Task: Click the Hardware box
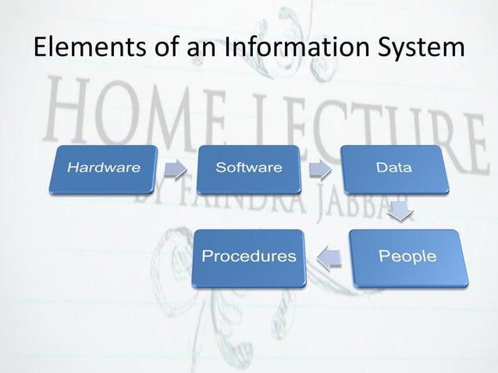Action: click(103, 168)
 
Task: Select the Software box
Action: click(248, 168)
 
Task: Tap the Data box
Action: click(394, 168)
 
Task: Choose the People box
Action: click(407, 257)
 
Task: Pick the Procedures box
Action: click(249, 257)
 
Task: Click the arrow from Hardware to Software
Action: click(176, 169)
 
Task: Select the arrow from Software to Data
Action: click(321, 169)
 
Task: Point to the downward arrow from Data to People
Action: click(400, 210)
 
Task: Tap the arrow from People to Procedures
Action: click(329, 257)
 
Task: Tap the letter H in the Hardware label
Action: click(72, 168)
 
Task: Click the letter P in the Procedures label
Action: click(207, 256)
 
